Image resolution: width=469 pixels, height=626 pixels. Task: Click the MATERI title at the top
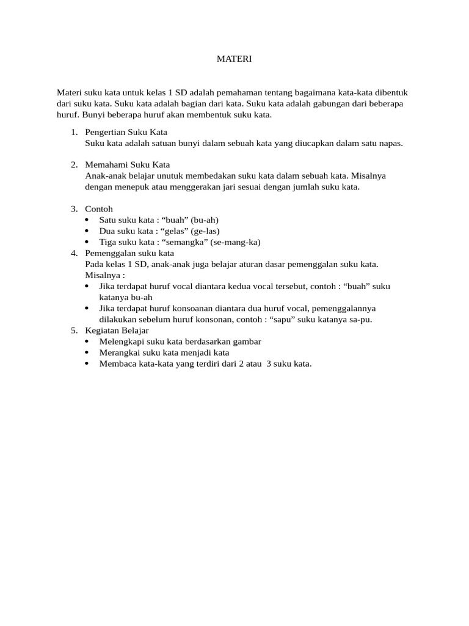234,59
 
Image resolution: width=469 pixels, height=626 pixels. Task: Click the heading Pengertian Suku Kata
126,132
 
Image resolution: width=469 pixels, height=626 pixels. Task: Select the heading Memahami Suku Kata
127,165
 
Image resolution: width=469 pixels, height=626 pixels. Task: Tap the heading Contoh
99,209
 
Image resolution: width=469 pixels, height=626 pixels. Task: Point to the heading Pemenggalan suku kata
129,253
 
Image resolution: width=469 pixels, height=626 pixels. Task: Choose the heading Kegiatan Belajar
117,331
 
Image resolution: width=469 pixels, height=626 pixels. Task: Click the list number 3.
74,209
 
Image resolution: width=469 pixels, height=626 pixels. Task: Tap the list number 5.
74,331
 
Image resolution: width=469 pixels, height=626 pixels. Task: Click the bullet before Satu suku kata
89,220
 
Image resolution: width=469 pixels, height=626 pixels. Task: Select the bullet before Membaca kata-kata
89,364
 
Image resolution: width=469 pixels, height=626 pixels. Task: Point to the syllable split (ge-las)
205,231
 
